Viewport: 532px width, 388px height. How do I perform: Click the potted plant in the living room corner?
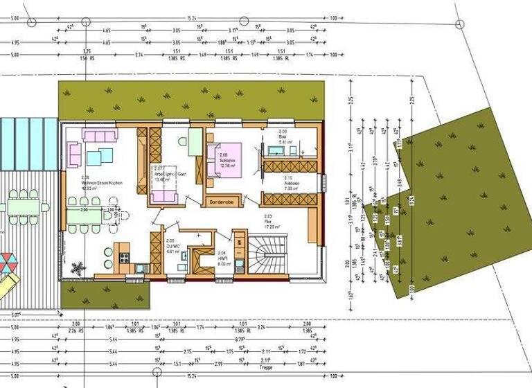77,268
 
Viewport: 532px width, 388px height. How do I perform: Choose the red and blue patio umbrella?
6,263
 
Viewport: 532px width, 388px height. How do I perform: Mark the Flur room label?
272,222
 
